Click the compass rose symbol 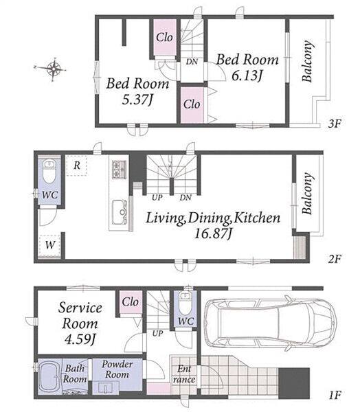tap(54, 69)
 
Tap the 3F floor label tap(335, 124)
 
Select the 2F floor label tap(335, 260)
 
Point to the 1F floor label tap(335, 395)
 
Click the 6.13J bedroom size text tap(247, 76)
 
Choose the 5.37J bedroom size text tap(137, 100)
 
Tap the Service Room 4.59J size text tap(80, 339)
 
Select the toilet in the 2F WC tap(49, 172)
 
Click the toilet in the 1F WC tap(185, 303)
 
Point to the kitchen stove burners tap(119, 170)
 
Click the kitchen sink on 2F tap(120, 212)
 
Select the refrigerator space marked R tap(76, 165)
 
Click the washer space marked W tap(49, 245)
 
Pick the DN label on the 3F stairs tap(192, 62)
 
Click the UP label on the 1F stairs tap(157, 334)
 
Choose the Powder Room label tap(117, 369)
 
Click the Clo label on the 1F tap(130, 302)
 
